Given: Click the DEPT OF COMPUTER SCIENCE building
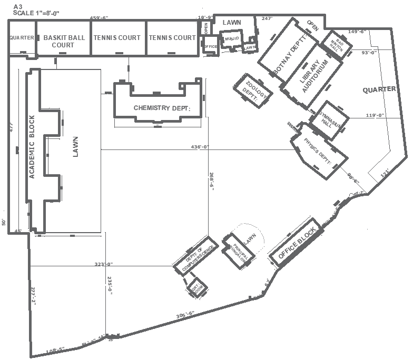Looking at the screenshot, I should [195, 258].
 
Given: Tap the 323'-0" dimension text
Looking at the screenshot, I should [104, 264].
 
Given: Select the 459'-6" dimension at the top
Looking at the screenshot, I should [99, 18].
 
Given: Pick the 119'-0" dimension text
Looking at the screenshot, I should [375, 115].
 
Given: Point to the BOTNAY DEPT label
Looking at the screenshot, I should [289, 52].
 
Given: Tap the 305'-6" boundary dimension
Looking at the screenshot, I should [185, 314].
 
